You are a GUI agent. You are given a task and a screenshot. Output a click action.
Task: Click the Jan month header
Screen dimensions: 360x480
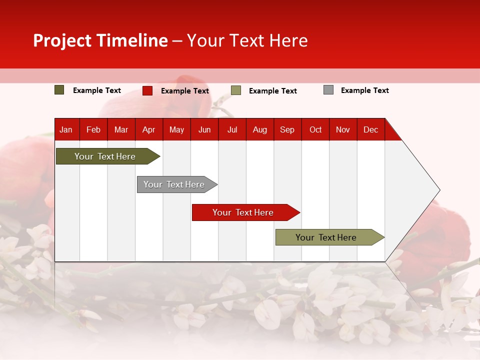(x=66, y=130)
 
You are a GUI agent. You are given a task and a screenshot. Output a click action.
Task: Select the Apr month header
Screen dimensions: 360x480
(x=149, y=130)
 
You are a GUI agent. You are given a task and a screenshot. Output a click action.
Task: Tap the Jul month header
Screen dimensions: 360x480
(x=232, y=130)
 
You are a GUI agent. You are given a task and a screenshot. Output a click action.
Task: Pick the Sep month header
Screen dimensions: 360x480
(x=287, y=130)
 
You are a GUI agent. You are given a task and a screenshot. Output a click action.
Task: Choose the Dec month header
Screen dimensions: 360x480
(x=370, y=130)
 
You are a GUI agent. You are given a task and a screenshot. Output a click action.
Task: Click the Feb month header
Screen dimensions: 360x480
(x=93, y=130)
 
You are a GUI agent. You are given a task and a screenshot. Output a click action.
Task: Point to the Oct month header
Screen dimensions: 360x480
(x=315, y=130)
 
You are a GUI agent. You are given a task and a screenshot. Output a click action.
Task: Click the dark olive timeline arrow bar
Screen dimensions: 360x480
(x=105, y=156)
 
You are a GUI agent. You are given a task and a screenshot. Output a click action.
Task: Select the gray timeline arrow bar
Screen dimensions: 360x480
(x=174, y=184)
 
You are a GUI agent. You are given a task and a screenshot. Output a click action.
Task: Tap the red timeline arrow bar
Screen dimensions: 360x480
(x=243, y=212)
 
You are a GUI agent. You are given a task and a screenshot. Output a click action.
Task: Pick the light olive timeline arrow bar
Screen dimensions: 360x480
(x=326, y=237)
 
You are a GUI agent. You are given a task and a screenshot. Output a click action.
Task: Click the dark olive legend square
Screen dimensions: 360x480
(x=59, y=90)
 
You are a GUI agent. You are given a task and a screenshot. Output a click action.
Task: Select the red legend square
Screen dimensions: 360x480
(x=147, y=90)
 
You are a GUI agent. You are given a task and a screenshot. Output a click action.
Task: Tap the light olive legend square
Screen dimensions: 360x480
(x=236, y=90)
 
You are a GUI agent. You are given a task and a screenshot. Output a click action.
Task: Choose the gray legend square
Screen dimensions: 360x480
(x=328, y=90)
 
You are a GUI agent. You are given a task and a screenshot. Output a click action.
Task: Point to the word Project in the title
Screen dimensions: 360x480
(x=62, y=40)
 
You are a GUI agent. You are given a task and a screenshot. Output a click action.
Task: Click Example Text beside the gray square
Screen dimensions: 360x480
(x=364, y=90)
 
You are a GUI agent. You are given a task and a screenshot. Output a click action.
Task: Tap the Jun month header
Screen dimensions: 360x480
(x=204, y=130)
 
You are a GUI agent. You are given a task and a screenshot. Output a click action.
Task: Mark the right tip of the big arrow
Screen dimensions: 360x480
(x=439, y=190)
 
